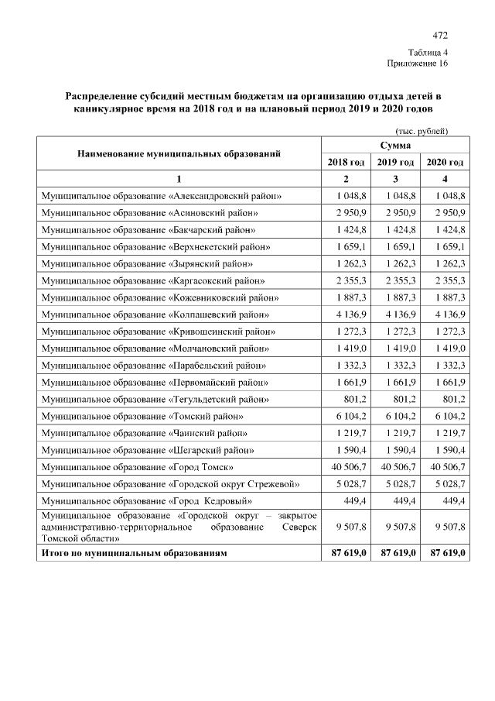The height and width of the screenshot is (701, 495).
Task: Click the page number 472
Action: point(440,36)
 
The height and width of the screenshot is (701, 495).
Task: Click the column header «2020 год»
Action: point(445,162)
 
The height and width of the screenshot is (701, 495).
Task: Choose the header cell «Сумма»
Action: point(395,145)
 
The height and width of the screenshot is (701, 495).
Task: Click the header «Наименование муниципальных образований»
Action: point(179,153)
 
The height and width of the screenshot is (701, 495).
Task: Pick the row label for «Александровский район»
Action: point(162,196)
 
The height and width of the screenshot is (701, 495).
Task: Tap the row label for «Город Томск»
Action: point(137,468)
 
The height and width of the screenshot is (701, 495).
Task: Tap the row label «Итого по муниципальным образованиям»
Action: point(134,554)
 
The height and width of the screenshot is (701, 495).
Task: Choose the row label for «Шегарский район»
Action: point(148,451)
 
